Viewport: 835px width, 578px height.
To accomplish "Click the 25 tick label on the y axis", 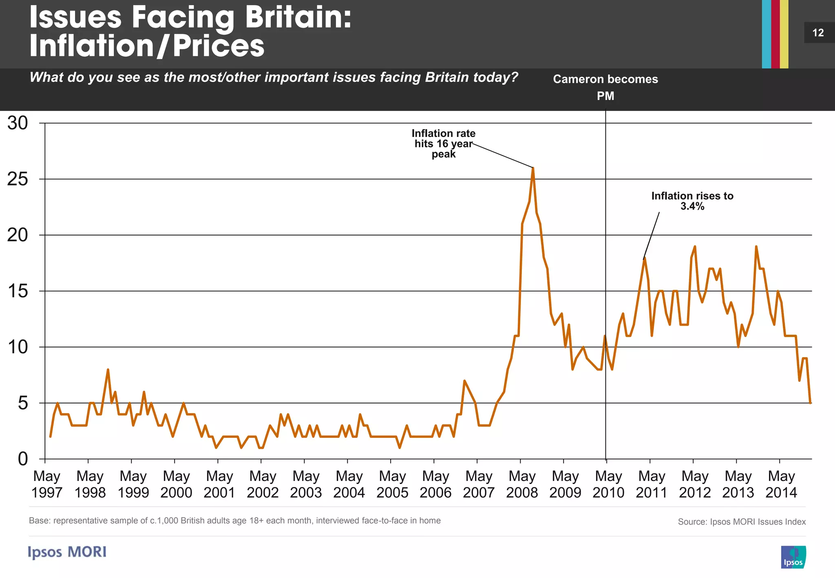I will pos(18,179).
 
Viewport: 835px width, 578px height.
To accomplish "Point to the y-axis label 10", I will pos(18,347).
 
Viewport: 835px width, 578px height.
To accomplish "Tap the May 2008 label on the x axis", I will pos(522,484).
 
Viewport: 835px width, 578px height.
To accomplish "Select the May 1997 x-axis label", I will pos(47,484).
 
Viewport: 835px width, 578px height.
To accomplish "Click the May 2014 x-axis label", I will pos(781,484).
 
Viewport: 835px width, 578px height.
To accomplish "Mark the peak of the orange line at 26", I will pos(533,168).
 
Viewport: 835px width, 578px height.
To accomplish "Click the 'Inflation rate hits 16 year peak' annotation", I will pos(443,143).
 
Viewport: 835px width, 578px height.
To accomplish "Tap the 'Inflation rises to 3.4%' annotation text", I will pos(692,201).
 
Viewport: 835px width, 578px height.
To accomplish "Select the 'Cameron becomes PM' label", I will pos(605,87).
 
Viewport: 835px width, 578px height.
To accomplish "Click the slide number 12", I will pos(818,33).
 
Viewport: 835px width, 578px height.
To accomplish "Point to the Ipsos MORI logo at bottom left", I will pos(67,552).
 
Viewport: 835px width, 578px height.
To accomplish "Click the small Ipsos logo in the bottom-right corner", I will pos(793,557).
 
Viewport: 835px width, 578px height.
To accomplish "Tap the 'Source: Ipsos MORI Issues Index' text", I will pos(742,522).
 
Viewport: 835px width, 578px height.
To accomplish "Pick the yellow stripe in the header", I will pos(784,34).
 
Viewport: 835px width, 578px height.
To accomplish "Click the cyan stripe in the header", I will pos(767,34).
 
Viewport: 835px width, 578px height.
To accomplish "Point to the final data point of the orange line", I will pos(810,403).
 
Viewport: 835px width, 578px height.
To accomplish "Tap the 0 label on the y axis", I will pos(23,459).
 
